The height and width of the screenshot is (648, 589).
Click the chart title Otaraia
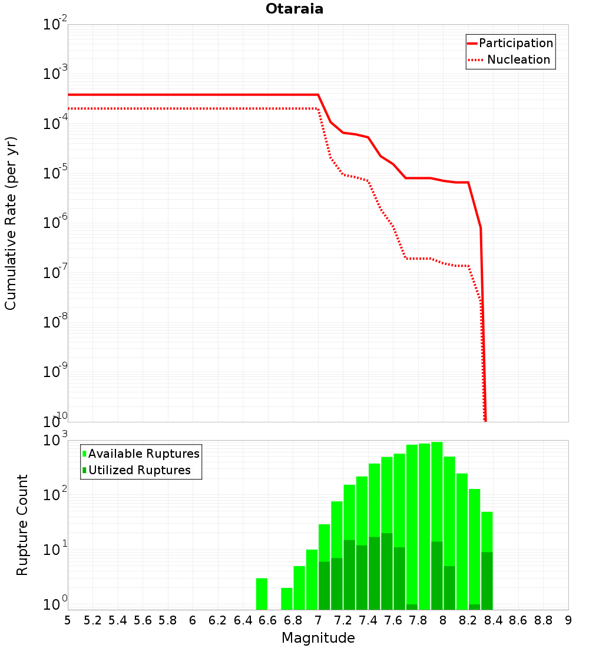[x=294, y=9]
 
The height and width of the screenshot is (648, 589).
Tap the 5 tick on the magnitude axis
[x=68, y=620]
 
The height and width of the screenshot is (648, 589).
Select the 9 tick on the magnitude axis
[x=568, y=620]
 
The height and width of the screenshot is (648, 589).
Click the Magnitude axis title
[x=318, y=638]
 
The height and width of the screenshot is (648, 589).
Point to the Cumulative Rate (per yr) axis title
[x=11, y=223]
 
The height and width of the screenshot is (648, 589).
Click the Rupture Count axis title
[x=22, y=525]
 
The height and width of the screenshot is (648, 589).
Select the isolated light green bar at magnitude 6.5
[x=262, y=594]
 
